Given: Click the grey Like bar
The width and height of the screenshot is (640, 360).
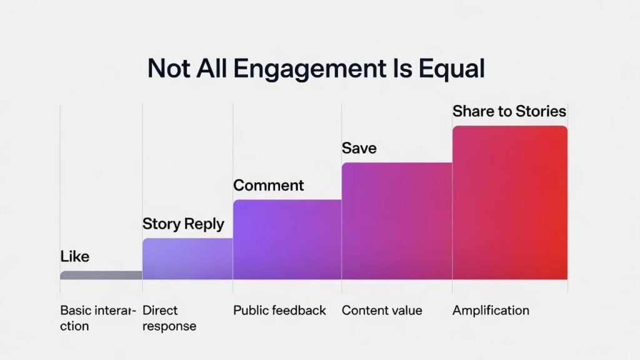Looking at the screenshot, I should pyautogui.click(x=101, y=275).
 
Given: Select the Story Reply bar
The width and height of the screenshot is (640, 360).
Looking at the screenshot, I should pyautogui.click(x=187, y=259).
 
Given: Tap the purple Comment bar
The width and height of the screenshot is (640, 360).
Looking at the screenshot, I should pyautogui.click(x=287, y=239).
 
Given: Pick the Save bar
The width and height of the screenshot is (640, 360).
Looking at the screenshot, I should pyautogui.click(x=396, y=221).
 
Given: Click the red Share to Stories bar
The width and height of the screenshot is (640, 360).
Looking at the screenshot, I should pyautogui.click(x=509, y=202).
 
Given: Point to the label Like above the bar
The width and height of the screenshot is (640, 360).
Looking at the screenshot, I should pyautogui.click(x=75, y=256).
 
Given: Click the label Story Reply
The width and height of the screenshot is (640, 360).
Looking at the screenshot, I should pyautogui.click(x=183, y=224).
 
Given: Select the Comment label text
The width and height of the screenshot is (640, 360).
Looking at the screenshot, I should pyautogui.click(x=269, y=186).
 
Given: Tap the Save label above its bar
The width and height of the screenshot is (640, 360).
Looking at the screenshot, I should pyautogui.click(x=359, y=149).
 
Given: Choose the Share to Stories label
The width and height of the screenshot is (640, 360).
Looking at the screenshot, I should pyautogui.click(x=509, y=112).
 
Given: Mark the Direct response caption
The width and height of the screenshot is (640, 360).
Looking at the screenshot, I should pyautogui.click(x=169, y=318).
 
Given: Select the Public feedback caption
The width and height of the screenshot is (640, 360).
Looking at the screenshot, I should pyautogui.click(x=279, y=311).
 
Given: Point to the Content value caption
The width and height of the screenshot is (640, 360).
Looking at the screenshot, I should pyautogui.click(x=382, y=311).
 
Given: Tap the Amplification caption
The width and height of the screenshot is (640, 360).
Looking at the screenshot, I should pyautogui.click(x=491, y=311).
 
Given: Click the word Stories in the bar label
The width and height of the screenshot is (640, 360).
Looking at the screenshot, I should pyautogui.click(x=541, y=112).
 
